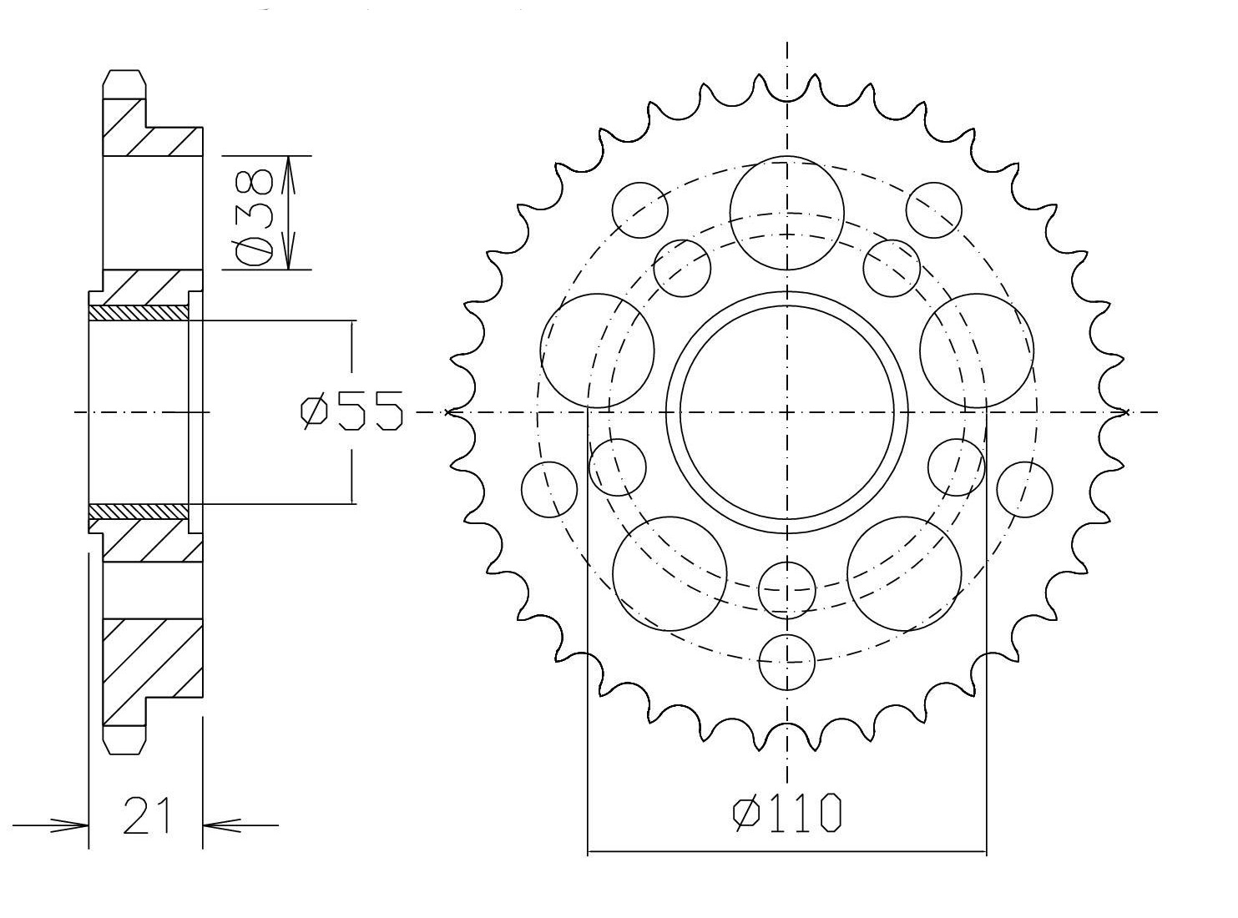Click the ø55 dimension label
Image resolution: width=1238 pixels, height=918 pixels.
(351, 411)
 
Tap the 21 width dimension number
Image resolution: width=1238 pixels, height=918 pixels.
(146, 815)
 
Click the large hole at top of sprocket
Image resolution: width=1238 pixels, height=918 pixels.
(786, 213)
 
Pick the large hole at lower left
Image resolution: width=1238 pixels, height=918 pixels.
(670, 573)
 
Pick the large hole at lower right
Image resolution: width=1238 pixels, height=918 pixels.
(904, 573)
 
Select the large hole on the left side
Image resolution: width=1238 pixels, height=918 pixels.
(597, 351)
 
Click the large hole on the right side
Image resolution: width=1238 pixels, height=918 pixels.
(977, 351)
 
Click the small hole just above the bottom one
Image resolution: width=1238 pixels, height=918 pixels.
(787, 590)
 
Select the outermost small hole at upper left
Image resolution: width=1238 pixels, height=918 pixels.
(640, 209)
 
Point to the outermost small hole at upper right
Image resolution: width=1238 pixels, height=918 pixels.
(934, 209)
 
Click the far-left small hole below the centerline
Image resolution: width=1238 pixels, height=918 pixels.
(549, 490)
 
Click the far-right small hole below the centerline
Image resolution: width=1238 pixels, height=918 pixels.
(1024, 490)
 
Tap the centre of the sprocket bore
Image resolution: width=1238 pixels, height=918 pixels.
(787, 412)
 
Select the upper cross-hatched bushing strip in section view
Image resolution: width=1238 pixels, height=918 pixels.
(139, 312)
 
